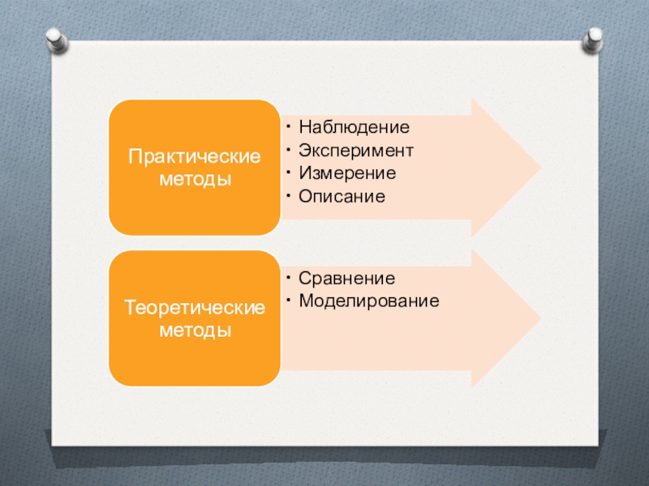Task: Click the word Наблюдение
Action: (x=354, y=127)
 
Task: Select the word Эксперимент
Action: (x=356, y=151)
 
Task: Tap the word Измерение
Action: (x=346, y=173)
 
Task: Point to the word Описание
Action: (x=341, y=197)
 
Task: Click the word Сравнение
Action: (x=346, y=279)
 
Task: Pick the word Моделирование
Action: (x=368, y=301)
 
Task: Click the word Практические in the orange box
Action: (x=195, y=156)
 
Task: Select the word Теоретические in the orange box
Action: (x=195, y=309)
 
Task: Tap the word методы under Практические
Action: (x=195, y=178)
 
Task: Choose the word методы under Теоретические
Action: (x=195, y=331)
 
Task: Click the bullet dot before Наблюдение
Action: (x=289, y=127)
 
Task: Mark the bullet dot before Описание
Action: (x=289, y=197)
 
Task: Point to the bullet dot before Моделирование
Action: (x=289, y=301)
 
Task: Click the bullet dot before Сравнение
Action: (x=289, y=279)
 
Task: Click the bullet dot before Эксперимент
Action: (x=289, y=151)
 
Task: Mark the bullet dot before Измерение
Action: (x=289, y=173)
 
